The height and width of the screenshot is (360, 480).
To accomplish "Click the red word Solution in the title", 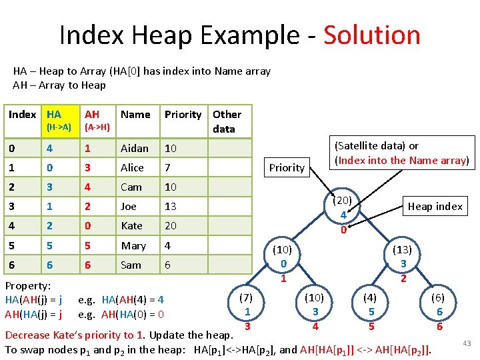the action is [372, 35].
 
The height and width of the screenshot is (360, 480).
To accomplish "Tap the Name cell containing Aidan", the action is [135, 148].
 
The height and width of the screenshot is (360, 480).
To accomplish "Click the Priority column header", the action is [183, 115].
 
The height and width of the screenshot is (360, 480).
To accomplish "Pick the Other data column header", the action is [227, 121].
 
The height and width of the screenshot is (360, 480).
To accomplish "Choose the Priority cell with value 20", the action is [171, 226].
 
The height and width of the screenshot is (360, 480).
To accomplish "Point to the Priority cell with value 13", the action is [171, 207].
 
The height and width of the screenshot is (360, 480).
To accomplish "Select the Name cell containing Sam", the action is [131, 265].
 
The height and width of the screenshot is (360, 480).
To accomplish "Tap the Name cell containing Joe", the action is [129, 207].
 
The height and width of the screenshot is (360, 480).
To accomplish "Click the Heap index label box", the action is [435, 206].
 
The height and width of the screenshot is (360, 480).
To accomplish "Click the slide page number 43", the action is [467, 343].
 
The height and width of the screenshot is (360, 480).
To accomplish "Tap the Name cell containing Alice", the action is [132, 167].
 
